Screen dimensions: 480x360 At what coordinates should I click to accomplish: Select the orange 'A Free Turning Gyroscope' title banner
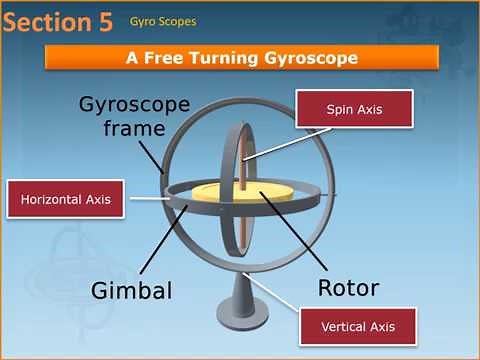coord(242,58)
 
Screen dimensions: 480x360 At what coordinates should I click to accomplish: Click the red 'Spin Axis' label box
coord(355,108)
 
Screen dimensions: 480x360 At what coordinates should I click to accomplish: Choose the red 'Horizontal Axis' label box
coord(66,199)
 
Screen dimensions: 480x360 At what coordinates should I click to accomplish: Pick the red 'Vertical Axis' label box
coord(357,326)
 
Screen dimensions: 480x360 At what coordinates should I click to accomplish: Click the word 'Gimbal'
coord(132,291)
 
